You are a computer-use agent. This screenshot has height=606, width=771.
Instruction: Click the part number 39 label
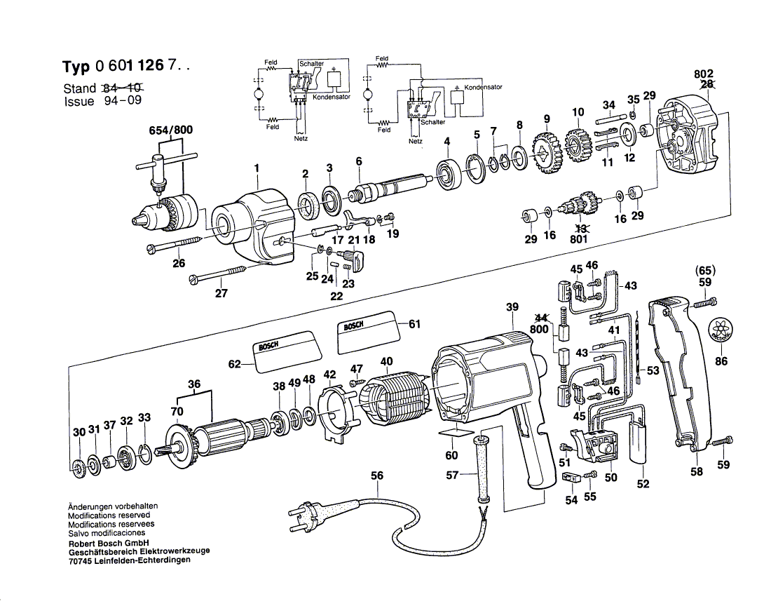coord(512,307)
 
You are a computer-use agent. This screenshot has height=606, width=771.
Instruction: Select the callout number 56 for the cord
coord(377,476)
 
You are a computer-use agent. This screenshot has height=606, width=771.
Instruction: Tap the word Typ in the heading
coord(76,67)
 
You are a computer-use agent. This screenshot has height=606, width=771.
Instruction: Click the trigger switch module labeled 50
coord(595,447)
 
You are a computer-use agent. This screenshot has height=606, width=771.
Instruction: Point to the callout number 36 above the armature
coord(194,384)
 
